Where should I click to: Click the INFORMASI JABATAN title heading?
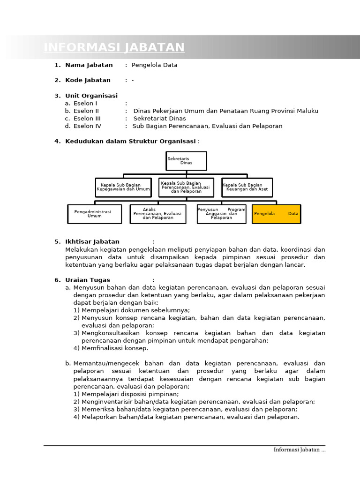(x=114, y=47)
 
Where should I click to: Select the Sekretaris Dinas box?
(x=186, y=161)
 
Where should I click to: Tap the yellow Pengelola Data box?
(x=276, y=214)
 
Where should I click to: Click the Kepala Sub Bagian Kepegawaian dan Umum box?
(x=123, y=187)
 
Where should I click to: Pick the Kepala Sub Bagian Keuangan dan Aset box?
(x=247, y=187)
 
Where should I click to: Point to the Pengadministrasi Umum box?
(x=94, y=214)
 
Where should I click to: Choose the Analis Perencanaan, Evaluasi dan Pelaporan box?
(x=158, y=214)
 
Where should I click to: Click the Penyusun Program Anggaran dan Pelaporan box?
(x=221, y=214)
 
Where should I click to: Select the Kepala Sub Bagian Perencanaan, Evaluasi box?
(x=186, y=187)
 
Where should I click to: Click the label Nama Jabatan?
(x=89, y=65)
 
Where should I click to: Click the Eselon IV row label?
(x=87, y=126)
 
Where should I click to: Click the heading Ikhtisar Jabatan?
(x=92, y=242)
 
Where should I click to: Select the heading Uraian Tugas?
(x=88, y=280)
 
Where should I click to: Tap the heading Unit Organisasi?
(x=91, y=96)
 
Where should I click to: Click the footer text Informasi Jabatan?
(x=299, y=450)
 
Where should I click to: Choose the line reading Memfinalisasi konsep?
(x=114, y=348)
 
